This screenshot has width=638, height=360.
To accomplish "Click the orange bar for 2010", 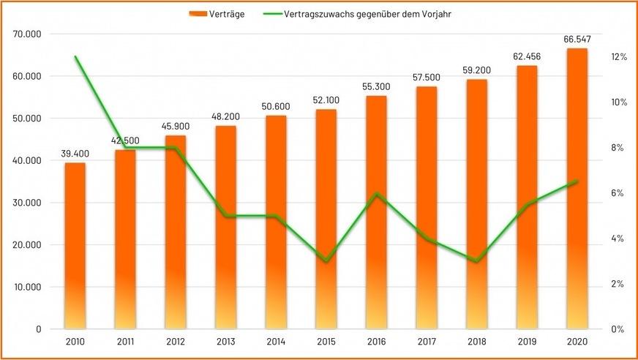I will coord(75,245).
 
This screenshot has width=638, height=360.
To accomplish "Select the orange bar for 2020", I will coord(577,188).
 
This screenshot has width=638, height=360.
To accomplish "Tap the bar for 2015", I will coord(326,219).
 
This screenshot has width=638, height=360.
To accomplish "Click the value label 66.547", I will coord(577,39).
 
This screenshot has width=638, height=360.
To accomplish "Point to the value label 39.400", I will coord(75,154).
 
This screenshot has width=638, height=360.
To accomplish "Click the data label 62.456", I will coord(527,56).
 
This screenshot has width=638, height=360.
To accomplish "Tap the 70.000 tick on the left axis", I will coord(27,34).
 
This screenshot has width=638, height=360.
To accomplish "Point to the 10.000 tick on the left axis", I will coord(27,287).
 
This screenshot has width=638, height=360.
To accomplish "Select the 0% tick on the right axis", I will coord(618,329).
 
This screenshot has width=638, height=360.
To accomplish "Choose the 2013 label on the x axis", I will coord(226,341).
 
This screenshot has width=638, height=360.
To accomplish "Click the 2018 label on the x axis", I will coord(477,341).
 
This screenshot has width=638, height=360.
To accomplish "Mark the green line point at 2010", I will coord(75,57).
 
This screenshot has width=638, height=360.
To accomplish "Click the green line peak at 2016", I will coord(376,194).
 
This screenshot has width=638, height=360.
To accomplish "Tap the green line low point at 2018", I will coord(477,261).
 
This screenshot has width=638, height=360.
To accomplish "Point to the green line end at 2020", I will coord(577,181).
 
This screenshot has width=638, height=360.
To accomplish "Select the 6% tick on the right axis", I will coord(618,193).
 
